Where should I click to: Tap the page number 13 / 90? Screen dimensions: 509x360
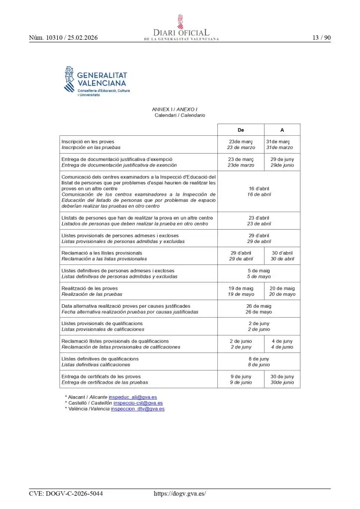[321, 38]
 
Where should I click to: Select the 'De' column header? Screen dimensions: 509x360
[241, 130]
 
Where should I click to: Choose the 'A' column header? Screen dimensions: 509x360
[282, 130]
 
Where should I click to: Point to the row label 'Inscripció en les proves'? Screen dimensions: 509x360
[88, 142]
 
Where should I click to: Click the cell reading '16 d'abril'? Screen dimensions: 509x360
[259, 188]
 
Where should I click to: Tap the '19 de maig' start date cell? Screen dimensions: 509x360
[241, 288]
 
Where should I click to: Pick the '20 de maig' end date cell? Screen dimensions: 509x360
[282, 288]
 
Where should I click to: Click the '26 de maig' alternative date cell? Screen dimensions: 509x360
[259, 306]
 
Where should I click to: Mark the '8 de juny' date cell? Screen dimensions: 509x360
[259, 358]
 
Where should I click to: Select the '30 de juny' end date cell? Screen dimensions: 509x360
[282, 376]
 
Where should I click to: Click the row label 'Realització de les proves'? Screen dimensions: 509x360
[90, 288]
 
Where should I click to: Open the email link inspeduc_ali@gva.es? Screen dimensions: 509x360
[133, 397]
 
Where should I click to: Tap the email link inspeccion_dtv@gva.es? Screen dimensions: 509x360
[138, 409]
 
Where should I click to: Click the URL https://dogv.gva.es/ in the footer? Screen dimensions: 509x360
[180, 494]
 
